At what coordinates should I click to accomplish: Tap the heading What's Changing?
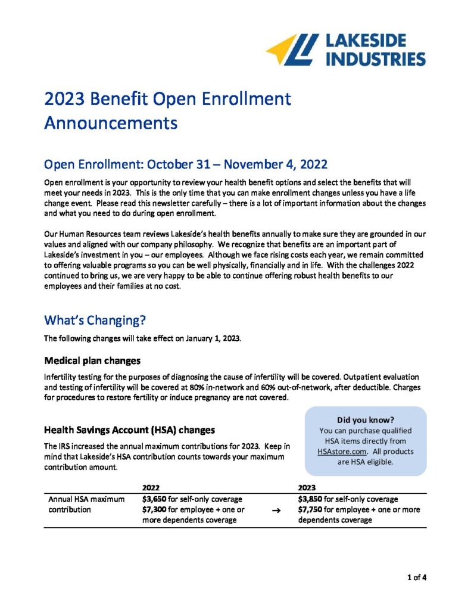coord(95,320)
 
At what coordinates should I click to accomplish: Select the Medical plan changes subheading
coord(92,361)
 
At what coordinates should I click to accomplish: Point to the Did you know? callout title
coord(366,419)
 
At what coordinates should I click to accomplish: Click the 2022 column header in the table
coord(151,486)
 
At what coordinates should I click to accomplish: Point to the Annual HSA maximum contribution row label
coord(86,504)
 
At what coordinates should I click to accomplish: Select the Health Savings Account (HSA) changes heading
coord(126,430)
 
